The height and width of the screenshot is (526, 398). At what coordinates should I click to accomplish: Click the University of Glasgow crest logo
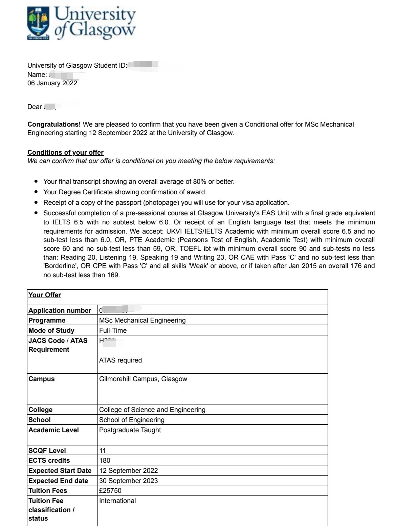tap(38, 23)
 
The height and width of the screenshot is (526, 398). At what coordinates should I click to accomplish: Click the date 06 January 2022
tap(52, 83)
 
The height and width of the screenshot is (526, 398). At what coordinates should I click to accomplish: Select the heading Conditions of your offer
tap(65, 152)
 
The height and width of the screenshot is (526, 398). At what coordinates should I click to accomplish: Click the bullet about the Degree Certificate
tap(125, 192)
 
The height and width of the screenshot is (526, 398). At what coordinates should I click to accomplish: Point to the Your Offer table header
tap(45, 295)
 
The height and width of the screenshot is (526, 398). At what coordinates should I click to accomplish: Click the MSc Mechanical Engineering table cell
tap(142, 320)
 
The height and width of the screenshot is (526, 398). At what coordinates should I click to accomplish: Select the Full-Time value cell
tap(113, 330)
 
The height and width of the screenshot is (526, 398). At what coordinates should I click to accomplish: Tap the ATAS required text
tap(120, 360)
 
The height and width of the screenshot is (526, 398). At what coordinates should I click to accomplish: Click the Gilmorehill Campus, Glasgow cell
tap(143, 379)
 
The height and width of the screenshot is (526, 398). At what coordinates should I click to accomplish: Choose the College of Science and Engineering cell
tap(152, 410)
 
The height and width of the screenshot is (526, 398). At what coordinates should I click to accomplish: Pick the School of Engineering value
tap(132, 420)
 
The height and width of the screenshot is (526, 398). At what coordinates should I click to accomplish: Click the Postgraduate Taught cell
tap(130, 430)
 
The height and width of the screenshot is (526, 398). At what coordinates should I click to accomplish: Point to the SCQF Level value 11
tap(103, 451)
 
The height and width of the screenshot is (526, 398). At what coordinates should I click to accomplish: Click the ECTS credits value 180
tap(105, 460)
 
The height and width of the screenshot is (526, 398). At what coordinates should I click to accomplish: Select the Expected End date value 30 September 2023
tap(128, 481)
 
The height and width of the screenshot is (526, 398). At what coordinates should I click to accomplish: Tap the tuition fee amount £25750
tap(110, 490)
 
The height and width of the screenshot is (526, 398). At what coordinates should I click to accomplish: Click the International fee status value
tap(117, 501)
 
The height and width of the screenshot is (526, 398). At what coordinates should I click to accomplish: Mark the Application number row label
tap(60, 310)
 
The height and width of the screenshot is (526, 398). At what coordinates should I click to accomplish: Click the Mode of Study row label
tap(51, 330)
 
